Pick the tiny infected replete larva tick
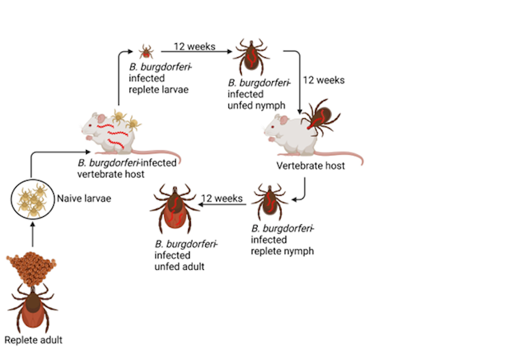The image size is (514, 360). tap(146, 51)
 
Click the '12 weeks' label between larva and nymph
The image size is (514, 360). tap(194, 46)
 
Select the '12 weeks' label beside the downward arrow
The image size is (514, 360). tap(324, 80)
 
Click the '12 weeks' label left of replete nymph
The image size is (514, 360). tap(223, 198)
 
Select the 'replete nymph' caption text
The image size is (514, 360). tap(282, 250)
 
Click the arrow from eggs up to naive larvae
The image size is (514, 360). tap(33, 234)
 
